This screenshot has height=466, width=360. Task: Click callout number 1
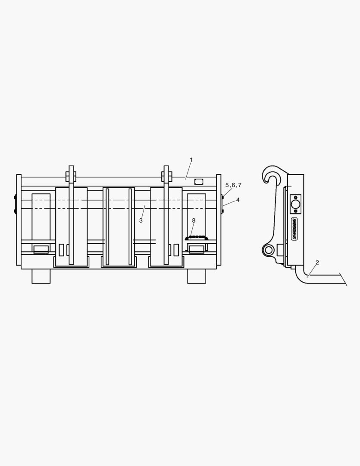[x=191, y=160]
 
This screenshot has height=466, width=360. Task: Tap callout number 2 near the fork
[x=317, y=262]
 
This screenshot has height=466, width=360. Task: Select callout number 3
[x=141, y=220]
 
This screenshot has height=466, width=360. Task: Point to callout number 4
[x=238, y=200]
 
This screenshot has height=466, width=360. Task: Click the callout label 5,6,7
[x=233, y=185]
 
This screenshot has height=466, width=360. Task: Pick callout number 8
[x=194, y=220]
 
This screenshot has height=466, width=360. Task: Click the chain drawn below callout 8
[x=196, y=237]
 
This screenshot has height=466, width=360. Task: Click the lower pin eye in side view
[x=269, y=249]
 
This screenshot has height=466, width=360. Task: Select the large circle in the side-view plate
[x=295, y=204]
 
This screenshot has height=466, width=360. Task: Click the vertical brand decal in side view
[x=295, y=229]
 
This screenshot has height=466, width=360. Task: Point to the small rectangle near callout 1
[x=198, y=182]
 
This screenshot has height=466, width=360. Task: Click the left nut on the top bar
[x=71, y=176]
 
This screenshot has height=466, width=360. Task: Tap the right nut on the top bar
[x=166, y=176]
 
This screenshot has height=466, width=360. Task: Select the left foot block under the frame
[x=41, y=276]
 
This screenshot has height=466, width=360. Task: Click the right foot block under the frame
[x=196, y=276]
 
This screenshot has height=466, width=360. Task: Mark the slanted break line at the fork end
[x=343, y=279]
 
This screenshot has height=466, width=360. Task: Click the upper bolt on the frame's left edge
[x=15, y=198]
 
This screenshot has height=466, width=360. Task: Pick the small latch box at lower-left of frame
[x=41, y=249]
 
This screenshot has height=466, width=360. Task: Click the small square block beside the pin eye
[x=280, y=249]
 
